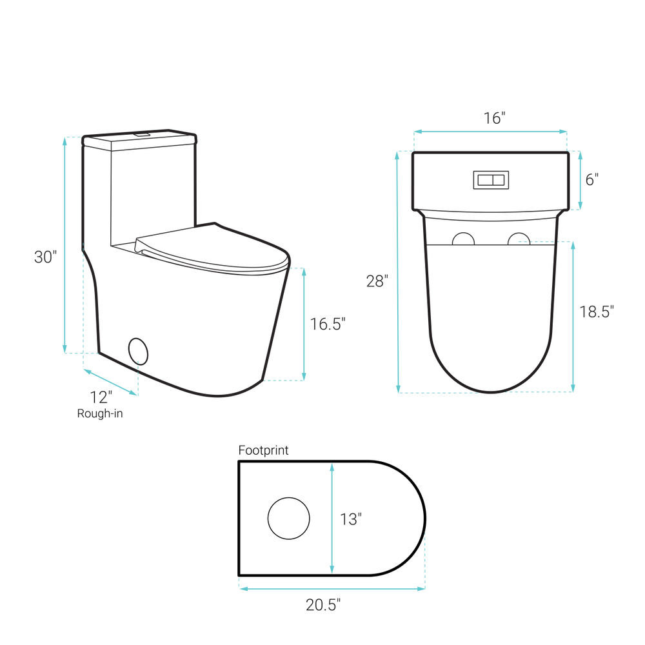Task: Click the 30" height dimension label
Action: (45, 257)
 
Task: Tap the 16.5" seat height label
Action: (328, 324)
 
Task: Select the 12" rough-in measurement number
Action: (101, 397)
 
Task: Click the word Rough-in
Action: (100, 413)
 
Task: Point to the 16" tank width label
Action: (494, 118)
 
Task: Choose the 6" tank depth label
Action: (591, 179)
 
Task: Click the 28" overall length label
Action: (377, 281)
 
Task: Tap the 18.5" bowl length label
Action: (597, 312)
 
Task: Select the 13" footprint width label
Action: (350, 519)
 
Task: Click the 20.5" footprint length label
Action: (323, 605)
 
